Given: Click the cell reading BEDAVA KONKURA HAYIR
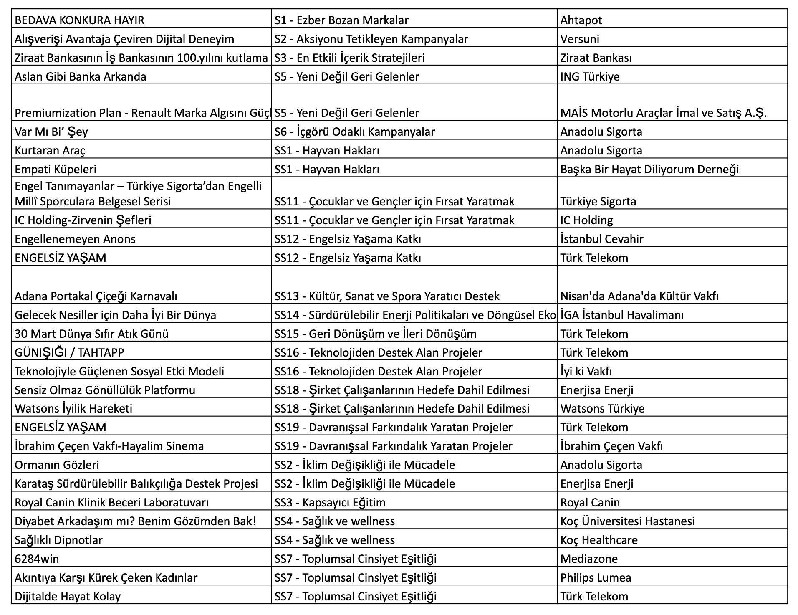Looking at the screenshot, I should (x=79, y=20).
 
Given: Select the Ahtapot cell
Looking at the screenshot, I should (x=581, y=20).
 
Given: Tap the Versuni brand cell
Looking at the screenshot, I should (x=580, y=39).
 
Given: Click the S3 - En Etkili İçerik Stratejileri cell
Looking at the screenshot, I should (x=349, y=58).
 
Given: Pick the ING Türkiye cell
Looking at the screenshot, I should (x=590, y=76).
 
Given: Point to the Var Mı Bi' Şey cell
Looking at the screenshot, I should (x=51, y=132).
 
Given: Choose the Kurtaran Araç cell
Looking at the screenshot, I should (x=50, y=150).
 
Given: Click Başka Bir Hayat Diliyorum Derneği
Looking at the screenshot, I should (x=649, y=169).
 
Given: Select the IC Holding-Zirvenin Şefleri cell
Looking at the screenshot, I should (x=83, y=220).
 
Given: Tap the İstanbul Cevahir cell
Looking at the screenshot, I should (x=602, y=239).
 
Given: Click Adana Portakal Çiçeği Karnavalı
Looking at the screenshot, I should (x=96, y=296).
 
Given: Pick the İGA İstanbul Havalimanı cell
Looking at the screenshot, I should (x=622, y=315).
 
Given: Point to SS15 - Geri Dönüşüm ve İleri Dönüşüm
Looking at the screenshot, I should (x=375, y=334).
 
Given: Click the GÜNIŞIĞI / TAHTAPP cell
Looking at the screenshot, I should (x=69, y=352).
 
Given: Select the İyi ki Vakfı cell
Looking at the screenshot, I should (x=586, y=371).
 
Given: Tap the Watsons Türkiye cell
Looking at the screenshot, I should (x=602, y=408).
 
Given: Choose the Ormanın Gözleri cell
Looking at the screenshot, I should (x=57, y=465).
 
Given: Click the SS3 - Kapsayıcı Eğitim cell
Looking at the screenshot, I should (x=330, y=502).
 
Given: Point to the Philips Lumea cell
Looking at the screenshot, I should (x=596, y=577).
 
